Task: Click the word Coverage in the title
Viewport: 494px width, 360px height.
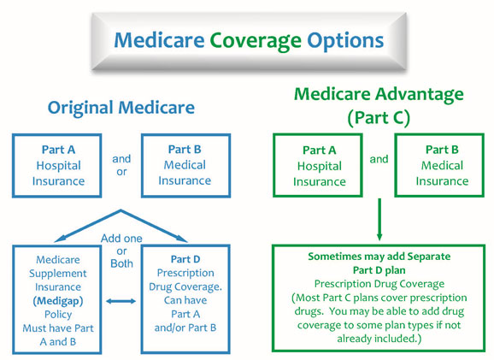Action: point(256,41)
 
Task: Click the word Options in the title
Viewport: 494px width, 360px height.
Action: point(345,41)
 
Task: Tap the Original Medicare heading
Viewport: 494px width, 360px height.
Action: point(121,108)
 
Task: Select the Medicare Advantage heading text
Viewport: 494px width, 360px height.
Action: point(379,94)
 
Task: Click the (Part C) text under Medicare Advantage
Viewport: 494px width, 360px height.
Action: point(379,118)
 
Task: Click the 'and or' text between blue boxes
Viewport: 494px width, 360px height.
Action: point(121,165)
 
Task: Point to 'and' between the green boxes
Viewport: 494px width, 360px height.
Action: point(379,159)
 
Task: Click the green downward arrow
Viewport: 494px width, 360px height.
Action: point(379,220)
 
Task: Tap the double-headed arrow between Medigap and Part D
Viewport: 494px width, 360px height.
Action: point(121,301)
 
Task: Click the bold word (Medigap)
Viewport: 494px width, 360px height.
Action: point(58,301)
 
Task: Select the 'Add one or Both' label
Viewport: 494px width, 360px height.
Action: point(121,251)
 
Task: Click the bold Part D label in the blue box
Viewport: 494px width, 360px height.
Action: point(185,259)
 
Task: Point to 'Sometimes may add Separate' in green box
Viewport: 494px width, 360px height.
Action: point(379,257)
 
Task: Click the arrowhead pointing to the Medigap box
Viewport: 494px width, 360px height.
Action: point(59,239)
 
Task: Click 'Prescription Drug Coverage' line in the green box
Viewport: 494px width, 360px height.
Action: point(379,285)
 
